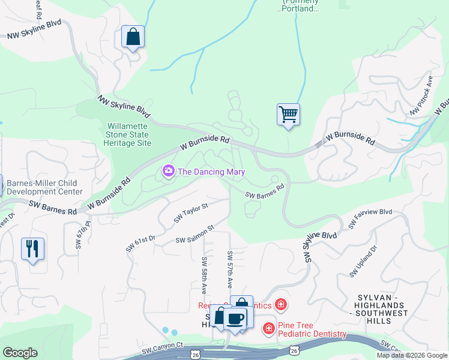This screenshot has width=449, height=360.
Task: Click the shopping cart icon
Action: pyautogui.click(x=288, y=114)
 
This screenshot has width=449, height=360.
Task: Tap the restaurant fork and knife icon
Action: pyautogui.click(x=32, y=248)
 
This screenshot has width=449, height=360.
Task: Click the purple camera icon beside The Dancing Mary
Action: pyautogui.click(x=169, y=172)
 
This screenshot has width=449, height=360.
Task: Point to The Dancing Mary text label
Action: pyautogui.click(x=211, y=172)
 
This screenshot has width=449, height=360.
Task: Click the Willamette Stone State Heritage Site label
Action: pyautogui.click(x=129, y=135)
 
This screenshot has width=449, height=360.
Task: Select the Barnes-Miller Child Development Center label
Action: pyautogui.click(x=45, y=188)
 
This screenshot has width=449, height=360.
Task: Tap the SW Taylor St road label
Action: pyautogui.click(x=190, y=213)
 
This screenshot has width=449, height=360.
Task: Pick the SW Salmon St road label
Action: pyautogui.click(x=194, y=235)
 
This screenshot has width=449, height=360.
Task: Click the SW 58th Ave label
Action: pyautogui.click(x=204, y=275)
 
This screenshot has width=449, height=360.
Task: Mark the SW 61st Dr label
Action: pyautogui.click(x=140, y=243)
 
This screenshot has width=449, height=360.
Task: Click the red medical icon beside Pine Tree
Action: pyautogui.click(x=268, y=328)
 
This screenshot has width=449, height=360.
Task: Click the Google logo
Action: pyautogui.click(x=20, y=353)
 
